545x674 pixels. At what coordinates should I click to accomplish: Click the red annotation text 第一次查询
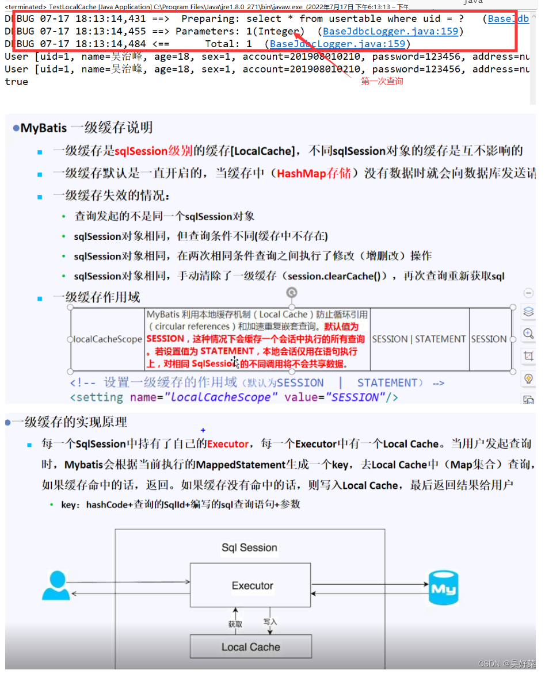coord(382,82)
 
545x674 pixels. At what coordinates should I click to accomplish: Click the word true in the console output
coord(16,82)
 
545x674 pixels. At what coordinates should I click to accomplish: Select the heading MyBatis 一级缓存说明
coord(86,128)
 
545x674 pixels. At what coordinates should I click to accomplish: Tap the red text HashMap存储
coord(314,173)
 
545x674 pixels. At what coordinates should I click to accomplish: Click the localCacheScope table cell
coord(108,339)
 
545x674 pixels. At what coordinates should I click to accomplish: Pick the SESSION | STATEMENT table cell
coord(419,339)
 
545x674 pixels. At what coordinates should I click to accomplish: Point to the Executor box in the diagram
coord(252,585)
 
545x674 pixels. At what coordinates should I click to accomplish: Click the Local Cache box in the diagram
coord(250,647)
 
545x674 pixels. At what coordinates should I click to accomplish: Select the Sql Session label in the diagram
coord(249,547)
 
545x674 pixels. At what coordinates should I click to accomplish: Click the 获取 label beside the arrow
coord(235,624)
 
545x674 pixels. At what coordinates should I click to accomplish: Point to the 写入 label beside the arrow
coord(270,622)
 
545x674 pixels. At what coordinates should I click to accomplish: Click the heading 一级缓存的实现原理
coord(70,422)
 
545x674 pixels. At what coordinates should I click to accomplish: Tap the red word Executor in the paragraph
coord(228,444)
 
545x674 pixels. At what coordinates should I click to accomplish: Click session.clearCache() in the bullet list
coord(336,276)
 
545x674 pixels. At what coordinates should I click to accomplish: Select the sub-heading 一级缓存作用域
coord(96,297)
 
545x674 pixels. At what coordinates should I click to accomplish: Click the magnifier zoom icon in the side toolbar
coord(528,334)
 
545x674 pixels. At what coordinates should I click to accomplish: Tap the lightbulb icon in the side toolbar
coord(528,378)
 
